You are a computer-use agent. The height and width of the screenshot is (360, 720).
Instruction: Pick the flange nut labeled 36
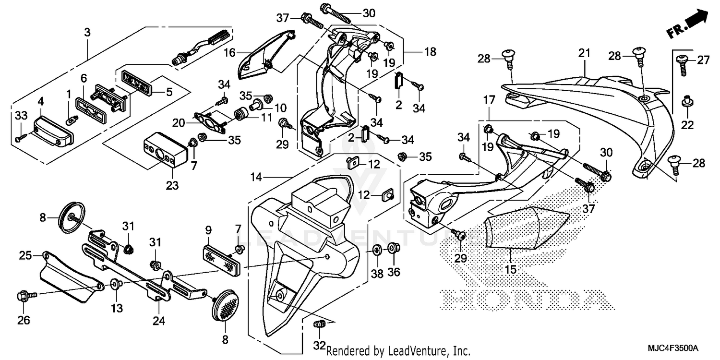point(393,248)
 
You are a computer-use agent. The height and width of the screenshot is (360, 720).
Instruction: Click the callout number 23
point(172,185)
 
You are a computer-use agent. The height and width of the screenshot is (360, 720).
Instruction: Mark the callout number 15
point(511,270)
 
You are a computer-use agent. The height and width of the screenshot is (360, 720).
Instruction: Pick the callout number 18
point(430,51)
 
